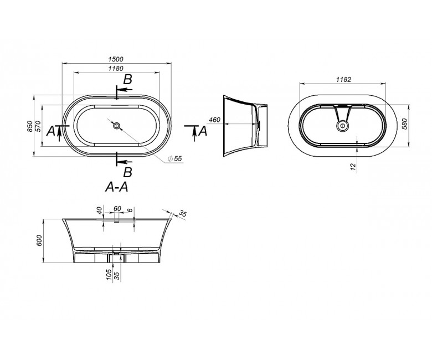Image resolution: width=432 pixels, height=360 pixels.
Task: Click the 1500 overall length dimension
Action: [x=116, y=59]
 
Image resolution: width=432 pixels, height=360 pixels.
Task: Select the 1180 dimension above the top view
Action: [x=116, y=68]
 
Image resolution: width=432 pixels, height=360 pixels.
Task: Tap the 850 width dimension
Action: [x=30, y=126]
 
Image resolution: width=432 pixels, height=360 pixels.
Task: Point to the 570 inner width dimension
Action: [x=38, y=126]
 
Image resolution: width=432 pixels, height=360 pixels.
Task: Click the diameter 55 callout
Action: [x=175, y=158]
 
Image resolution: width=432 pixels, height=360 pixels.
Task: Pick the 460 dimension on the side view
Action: [x=215, y=120]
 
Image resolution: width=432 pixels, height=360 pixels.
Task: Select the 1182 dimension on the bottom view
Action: [x=343, y=79]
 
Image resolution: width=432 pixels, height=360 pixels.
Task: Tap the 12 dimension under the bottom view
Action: [x=353, y=166]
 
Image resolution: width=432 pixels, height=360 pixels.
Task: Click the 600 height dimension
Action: [x=39, y=240]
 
